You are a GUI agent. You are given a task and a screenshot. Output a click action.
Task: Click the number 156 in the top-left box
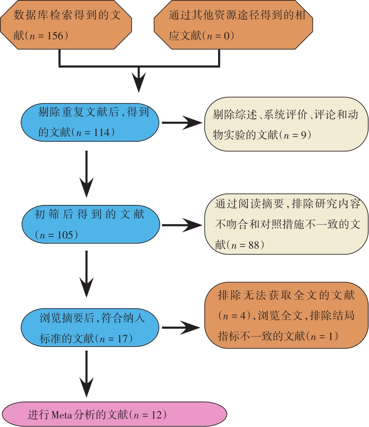[55, 36]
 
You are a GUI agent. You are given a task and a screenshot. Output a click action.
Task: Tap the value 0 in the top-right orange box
[227, 36]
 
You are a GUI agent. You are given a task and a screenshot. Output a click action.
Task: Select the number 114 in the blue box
[102, 133]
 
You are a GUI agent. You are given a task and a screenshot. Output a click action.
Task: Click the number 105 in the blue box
[65, 235]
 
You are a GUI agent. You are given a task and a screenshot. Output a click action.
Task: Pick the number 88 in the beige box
[254, 245]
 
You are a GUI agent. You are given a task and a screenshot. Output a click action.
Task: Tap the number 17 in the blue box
[122, 338]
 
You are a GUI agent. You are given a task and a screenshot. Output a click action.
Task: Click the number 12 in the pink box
[157, 415]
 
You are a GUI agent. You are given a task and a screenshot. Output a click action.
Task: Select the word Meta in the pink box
[61, 415]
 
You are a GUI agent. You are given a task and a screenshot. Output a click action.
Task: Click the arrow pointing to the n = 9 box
[182, 122]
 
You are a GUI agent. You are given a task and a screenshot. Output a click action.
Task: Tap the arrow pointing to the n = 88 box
[182, 225]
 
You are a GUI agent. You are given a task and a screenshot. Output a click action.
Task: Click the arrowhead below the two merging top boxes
[139, 82]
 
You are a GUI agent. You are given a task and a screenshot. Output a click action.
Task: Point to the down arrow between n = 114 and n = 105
[86, 174]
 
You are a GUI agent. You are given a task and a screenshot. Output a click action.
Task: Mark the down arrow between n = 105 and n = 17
[86, 274]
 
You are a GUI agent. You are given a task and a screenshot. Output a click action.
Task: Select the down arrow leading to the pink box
[86, 374]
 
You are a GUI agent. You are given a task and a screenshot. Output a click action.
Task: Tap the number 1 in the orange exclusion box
[330, 336]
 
